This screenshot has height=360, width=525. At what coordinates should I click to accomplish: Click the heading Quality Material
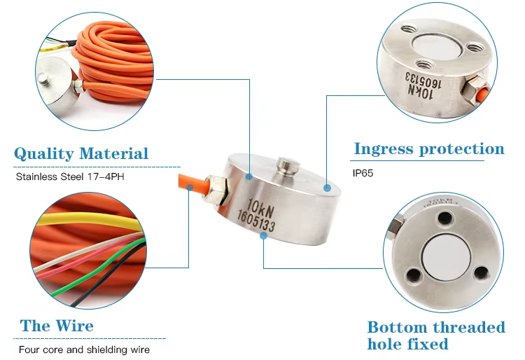click(x=81, y=153)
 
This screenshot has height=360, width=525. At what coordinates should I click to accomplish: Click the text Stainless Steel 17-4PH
click(x=70, y=176)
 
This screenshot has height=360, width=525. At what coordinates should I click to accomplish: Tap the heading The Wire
click(x=57, y=326)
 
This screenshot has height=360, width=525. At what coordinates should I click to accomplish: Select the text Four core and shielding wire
click(x=84, y=349)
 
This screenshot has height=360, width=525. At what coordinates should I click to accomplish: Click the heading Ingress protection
click(x=429, y=148)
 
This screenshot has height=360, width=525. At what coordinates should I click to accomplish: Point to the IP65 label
click(x=363, y=173)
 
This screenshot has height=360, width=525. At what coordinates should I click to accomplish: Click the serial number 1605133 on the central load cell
click(x=256, y=221)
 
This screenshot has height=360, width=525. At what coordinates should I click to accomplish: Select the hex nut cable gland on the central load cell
click(x=217, y=190)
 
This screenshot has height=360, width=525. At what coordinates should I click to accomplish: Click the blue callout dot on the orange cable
click(x=190, y=188)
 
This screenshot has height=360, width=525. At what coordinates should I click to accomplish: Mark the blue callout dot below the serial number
click(x=263, y=236)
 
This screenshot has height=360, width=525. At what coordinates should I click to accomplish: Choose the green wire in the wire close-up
click(x=100, y=268)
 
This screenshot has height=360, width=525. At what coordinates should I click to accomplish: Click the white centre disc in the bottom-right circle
click(x=447, y=256)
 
